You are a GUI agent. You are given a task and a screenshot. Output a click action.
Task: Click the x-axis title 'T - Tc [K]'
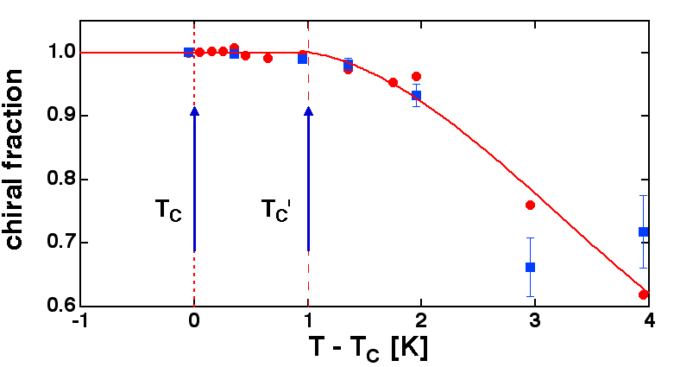coord(368,348)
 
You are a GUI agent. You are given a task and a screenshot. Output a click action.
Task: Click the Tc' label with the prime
coord(280,210)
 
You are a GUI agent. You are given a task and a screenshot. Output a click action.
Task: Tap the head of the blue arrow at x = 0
coord(194,111)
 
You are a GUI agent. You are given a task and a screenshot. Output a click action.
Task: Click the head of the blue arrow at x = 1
coord(308,111)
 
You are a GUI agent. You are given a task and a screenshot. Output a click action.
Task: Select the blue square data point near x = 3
coord(530,267)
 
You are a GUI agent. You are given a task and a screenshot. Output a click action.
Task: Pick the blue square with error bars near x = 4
coord(643,231)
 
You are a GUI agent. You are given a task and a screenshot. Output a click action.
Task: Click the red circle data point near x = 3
coord(530,205)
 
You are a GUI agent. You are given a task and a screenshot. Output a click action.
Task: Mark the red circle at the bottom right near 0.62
coord(643,294)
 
